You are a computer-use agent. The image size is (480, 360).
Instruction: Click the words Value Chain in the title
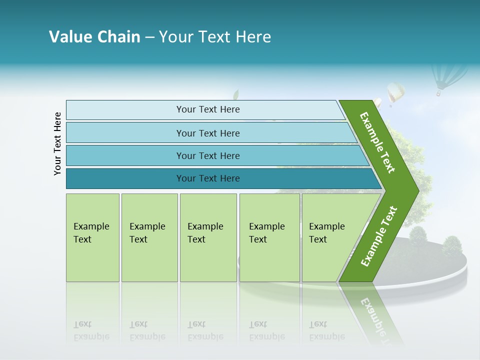coord(94,37)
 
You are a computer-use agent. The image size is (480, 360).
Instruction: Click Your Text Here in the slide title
coord(215,37)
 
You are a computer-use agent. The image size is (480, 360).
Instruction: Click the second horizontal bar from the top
coord(207,133)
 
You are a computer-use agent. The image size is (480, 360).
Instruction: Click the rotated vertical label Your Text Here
coord(57,143)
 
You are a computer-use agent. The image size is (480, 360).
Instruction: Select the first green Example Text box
coord(92,237)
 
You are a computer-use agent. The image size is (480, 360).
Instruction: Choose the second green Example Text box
coord(149,237)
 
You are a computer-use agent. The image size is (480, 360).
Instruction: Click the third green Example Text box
coord(208,237)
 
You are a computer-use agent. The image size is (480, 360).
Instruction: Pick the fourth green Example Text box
coord(269,237)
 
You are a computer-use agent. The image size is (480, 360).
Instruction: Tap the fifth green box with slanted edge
coord(330,237)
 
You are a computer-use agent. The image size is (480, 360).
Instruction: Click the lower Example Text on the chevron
coord(379,236)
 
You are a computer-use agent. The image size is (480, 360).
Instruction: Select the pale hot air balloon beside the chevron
coord(395,93)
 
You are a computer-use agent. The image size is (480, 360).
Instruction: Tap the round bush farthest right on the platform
coord(452,245)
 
